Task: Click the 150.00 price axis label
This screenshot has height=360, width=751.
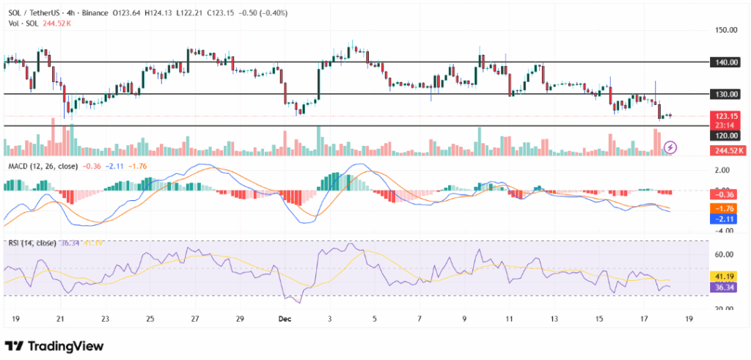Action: [725, 30]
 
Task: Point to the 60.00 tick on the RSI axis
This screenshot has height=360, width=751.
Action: [725, 254]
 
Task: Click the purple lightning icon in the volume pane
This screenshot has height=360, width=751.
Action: [670, 147]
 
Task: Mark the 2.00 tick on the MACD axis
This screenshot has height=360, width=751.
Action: [725, 170]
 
